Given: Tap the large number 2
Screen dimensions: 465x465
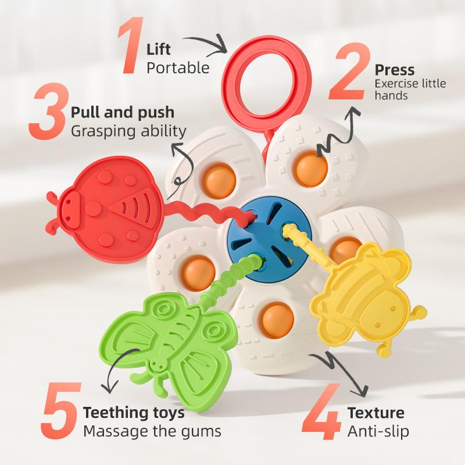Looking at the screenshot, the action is point(349,71).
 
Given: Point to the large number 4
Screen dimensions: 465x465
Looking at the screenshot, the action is point(321,412).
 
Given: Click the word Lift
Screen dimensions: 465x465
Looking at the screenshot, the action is point(158,49).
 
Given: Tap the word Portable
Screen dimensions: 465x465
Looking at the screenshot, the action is point(178,68).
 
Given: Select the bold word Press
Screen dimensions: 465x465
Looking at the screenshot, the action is point(395,70).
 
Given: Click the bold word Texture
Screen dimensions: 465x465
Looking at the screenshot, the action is point(375,413).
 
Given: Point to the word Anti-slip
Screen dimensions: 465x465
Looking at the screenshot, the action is point(378,431).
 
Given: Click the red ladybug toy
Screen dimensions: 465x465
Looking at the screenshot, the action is point(104,210).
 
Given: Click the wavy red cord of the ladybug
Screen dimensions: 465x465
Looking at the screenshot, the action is point(208,211).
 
